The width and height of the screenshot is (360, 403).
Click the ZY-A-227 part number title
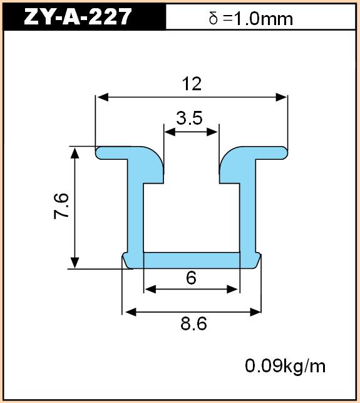click(x=78, y=16)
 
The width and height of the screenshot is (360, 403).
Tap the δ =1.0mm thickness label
click(x=251, y=19)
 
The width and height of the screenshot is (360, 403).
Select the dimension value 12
click(x=192, y=84)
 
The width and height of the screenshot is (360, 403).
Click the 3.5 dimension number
click(x=190, y=118)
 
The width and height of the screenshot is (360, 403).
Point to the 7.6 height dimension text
click(x=61, y=206)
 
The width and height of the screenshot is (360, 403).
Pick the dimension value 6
click(x=192, y=278)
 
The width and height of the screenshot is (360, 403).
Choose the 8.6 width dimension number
click(x=193, y=324)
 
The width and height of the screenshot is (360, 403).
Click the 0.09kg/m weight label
click(x=285, y=366)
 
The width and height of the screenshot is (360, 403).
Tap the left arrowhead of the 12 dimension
click(x=103, y=97)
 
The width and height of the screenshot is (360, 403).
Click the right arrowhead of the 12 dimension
click(x=281, y=97)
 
